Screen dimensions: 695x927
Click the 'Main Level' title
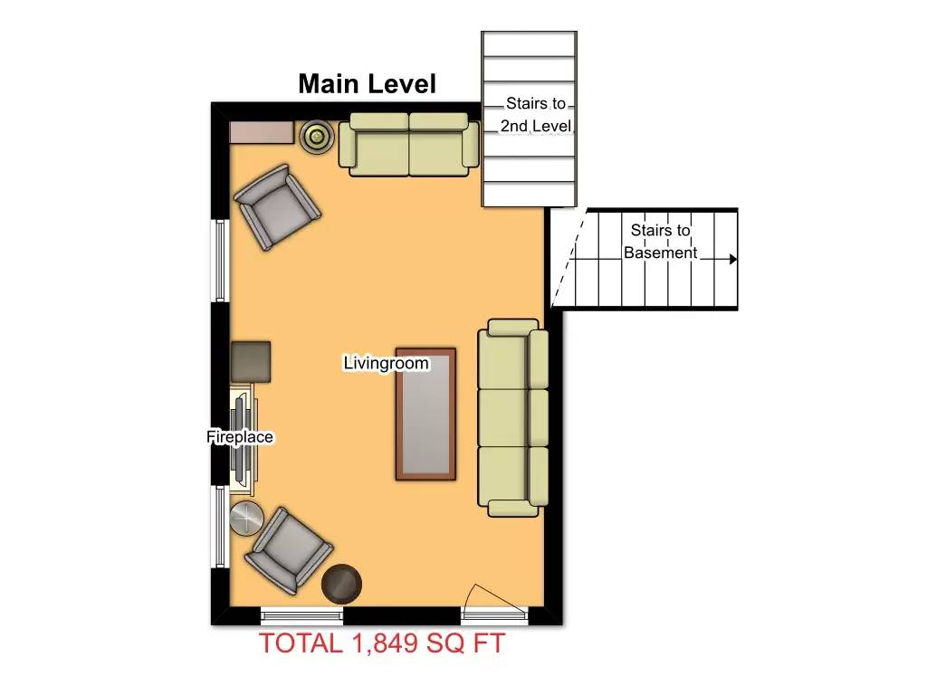[367, 84]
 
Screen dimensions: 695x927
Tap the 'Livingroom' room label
[386, 363]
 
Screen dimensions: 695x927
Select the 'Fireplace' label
[240, 437]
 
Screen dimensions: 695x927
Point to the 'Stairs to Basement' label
[660, 242]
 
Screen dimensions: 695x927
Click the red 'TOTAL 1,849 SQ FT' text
[382, 643]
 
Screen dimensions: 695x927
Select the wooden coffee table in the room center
[425, 413]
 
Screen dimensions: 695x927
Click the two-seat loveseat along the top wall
[409, 144]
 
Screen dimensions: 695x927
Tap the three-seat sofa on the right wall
[512, 418]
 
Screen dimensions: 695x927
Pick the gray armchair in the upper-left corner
[276, 207]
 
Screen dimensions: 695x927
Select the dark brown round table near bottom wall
[341, 584]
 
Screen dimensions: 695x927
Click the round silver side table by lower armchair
[245, 519]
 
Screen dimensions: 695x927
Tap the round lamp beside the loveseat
[317, 137]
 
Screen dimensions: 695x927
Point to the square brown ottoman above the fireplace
[251, 361]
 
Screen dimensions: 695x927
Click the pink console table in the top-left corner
[262, 133]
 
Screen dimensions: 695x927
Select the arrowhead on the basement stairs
[733, 259]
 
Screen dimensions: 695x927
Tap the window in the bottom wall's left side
[301, 615]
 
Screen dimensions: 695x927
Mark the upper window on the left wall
[219, 261]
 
